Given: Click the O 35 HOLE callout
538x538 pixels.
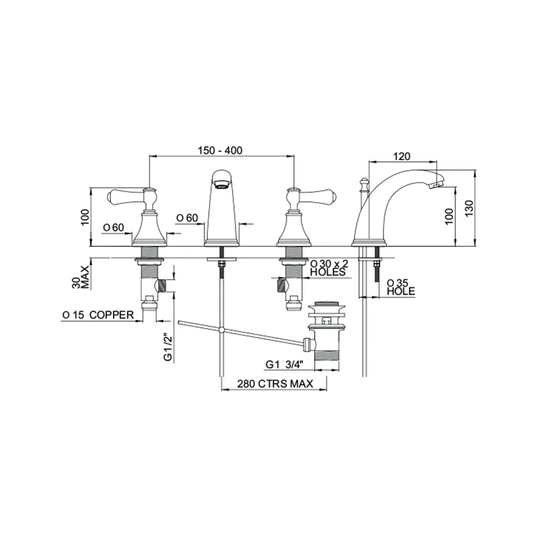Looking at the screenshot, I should (400, 286).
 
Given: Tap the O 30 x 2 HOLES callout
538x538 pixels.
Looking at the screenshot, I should (328, 268).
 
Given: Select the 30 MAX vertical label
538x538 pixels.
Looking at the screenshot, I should (79, 275).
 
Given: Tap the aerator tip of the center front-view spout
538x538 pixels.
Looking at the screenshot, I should (221, 181).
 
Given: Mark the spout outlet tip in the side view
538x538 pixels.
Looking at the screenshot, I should (438, 182).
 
